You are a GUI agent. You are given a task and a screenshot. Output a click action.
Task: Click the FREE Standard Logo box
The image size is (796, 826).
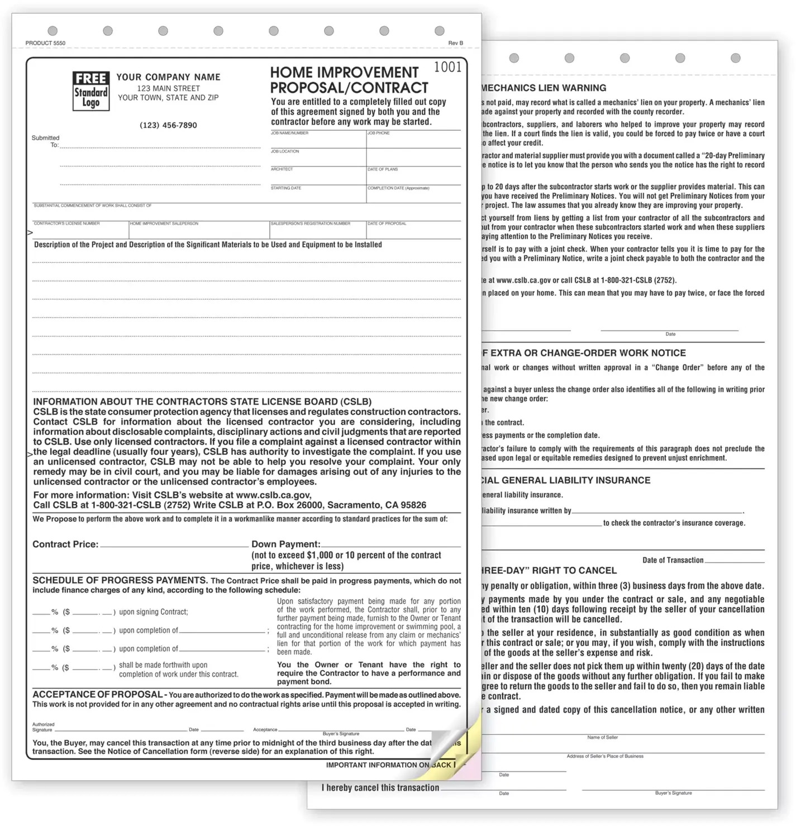coord(90,91)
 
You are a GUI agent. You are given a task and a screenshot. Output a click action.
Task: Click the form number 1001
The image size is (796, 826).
coord(447,67)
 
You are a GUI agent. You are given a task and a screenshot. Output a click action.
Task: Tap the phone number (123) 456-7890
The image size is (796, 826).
coord(168,125)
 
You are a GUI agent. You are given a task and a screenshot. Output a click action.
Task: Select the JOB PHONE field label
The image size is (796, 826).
coord(379,133)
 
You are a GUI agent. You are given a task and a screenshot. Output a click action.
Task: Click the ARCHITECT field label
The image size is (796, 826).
coord(282,169)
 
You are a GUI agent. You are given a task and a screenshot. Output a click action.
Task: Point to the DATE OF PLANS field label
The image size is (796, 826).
coord(383,169)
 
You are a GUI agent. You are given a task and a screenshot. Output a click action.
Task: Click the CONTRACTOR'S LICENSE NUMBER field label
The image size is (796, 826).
coord(66,223)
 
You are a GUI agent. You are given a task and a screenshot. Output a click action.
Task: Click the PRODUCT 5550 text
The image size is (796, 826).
coord(45,43)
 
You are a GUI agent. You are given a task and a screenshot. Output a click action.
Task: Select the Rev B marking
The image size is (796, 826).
coord(455,43)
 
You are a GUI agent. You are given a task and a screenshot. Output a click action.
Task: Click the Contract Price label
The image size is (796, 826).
coord(65,544)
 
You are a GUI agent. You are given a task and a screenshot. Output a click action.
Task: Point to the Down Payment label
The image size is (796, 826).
coord(285,544)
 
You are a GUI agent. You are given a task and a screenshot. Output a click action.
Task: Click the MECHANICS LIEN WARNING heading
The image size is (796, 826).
coord(544,88)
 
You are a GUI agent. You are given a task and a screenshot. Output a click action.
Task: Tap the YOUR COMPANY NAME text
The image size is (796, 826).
coord(168,77)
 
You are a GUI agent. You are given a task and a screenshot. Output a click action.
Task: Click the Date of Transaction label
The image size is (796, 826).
coord(673,560)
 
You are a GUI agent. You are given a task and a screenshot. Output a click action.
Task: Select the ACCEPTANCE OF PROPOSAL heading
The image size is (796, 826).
coord(98,694)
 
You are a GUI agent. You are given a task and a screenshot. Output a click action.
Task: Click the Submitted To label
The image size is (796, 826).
coord(46,141)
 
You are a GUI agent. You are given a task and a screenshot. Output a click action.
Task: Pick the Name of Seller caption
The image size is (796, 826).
coord(602,737)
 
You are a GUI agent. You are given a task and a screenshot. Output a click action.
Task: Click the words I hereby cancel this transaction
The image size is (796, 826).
coord(380,787)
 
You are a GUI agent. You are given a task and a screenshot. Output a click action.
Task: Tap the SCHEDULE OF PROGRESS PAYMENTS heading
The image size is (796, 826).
coord(120,580)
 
